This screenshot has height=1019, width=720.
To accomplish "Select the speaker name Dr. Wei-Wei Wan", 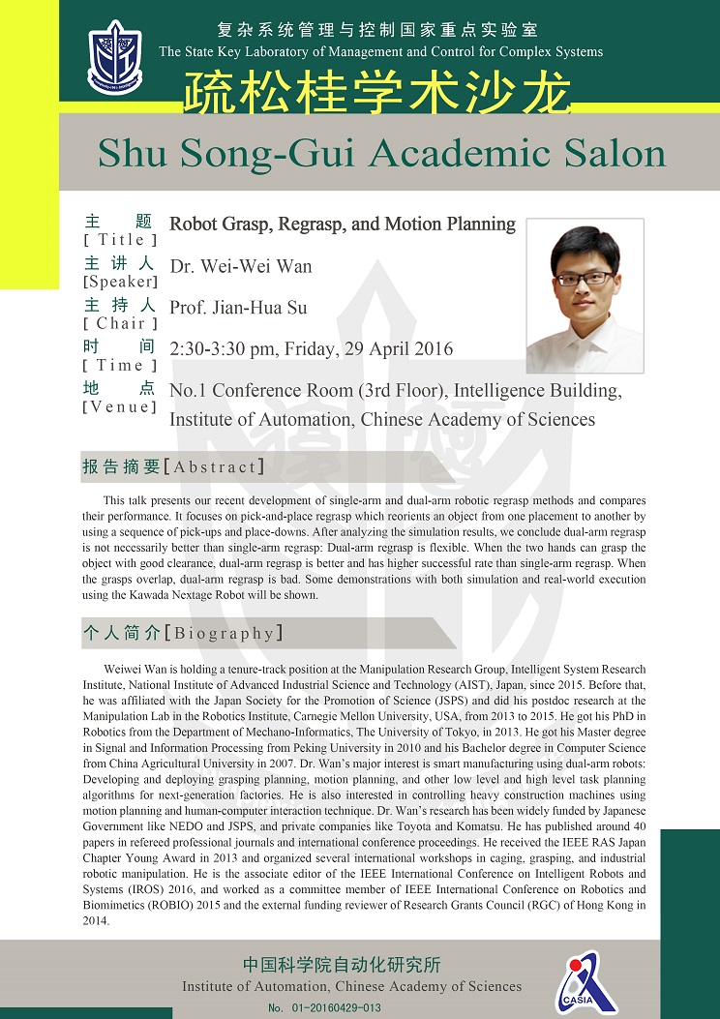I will pos(240,265).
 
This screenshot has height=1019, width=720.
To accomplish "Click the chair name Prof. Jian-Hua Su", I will pos(238,308).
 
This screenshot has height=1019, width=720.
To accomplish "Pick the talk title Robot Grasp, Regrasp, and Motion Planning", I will pos(343,225).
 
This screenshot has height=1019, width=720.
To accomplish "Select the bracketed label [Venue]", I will pos(119,406).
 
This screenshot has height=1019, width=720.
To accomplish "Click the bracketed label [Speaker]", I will pos(119,282).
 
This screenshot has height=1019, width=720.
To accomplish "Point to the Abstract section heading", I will pos(173,466).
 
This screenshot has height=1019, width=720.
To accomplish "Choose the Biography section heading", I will pos(183,634).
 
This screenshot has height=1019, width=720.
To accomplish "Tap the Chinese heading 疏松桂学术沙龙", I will pos(377,93).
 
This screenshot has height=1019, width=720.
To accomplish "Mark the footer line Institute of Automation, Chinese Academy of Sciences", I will pos(351,986).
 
